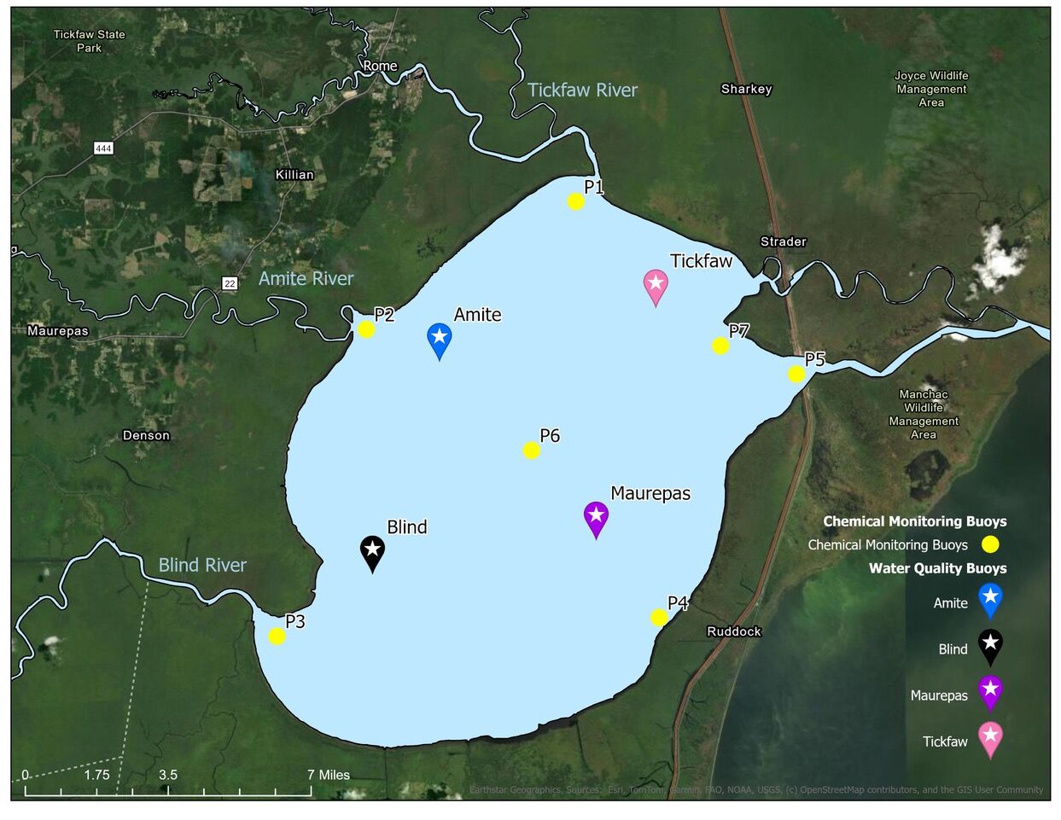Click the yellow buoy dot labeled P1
coord(576,202)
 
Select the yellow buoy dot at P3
coord(277,637)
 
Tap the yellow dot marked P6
coord(532,451)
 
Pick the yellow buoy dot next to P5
coord(796,374)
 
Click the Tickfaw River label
coord(582,90)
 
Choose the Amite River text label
coord(306,279)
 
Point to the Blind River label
coord(202,565)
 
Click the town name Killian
coord(294,175)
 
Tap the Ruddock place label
coord(734,631)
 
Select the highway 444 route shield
coord(103,148)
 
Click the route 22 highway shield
coord(230,283)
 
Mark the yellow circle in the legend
coord(990,544)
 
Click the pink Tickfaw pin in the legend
coord(990,738)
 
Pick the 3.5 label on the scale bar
coord(168,775)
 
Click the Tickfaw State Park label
coord(90,41)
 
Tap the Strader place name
coord(784,241)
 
